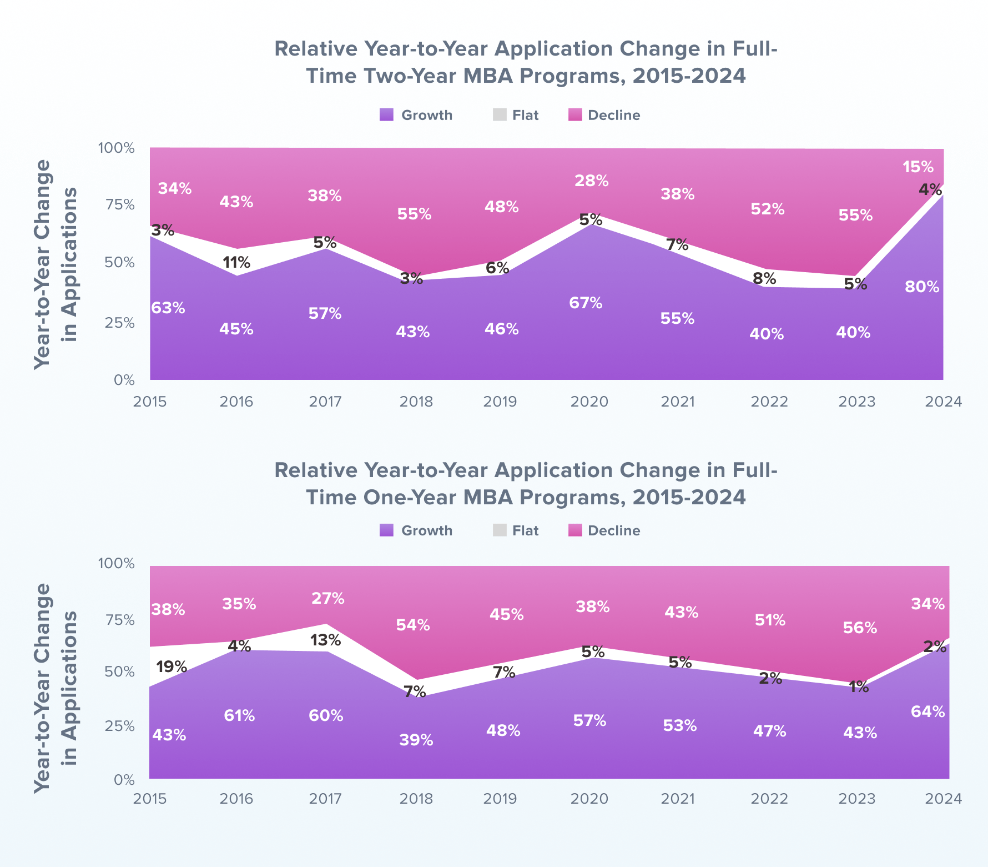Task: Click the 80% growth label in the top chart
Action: point(922,287)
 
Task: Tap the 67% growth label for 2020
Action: point(586,303)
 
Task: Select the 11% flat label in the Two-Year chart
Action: point(238,262)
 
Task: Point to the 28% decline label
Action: point(592,181)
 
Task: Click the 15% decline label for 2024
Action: point(918,167)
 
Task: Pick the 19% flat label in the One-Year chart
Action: point(171,666)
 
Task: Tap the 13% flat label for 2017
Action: point(325,640)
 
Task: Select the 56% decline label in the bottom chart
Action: point(860,628)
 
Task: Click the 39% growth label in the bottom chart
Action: point(416,740)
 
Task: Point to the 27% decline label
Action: point(327,599)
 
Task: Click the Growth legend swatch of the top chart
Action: point(387,115)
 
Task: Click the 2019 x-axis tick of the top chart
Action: point(500,402)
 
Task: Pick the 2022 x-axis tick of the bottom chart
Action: point(769,799)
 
